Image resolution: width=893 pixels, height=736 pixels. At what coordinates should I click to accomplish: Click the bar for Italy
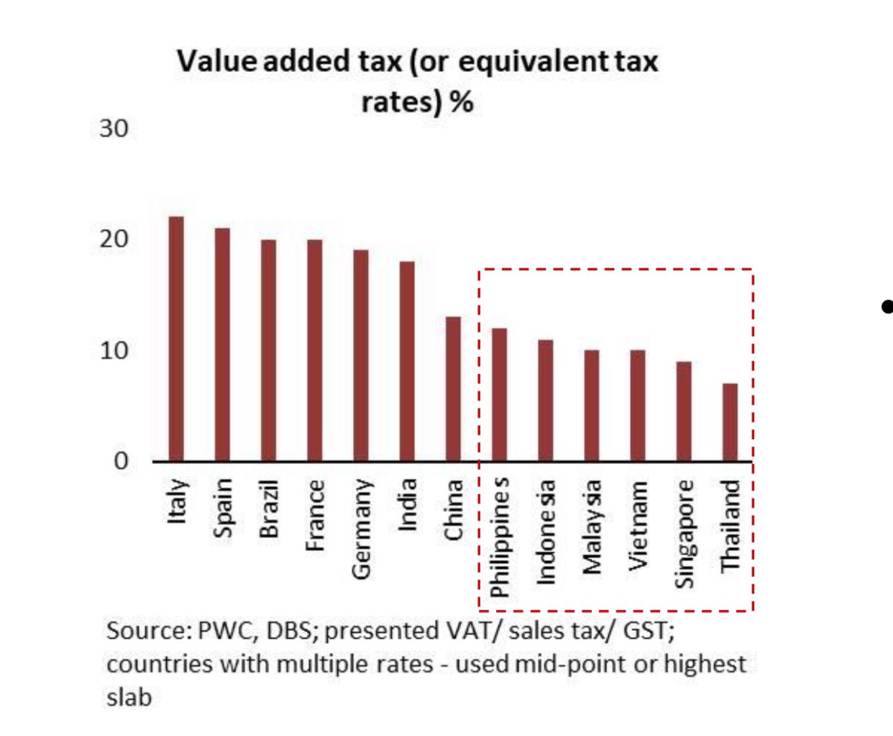point(176,338)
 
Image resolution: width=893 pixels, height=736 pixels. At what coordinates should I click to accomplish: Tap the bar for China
point(453,389)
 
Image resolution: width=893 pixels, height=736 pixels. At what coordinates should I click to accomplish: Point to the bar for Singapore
point(684,411)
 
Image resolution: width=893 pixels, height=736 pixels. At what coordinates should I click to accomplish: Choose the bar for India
point(407,360)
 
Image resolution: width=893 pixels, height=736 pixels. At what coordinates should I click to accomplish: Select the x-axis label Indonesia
point(546,532)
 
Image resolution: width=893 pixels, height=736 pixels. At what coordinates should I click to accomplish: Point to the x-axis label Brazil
point(268,508)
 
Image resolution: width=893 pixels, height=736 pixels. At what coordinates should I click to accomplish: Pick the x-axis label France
point(315,514)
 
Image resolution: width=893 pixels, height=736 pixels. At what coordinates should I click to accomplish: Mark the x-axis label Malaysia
point(592,528)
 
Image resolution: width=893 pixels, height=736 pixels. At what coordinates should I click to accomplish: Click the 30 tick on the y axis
point(114,129)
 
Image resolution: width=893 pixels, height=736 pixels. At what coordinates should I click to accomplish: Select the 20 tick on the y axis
point(114,240)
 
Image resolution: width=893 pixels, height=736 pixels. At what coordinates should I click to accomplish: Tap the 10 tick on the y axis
point(114,351)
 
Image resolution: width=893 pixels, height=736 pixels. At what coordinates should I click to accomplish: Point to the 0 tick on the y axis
point(121,460)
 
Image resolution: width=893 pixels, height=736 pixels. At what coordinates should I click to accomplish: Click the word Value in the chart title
point(216,61)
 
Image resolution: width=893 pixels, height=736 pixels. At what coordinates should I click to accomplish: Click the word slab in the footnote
point(129,696)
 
